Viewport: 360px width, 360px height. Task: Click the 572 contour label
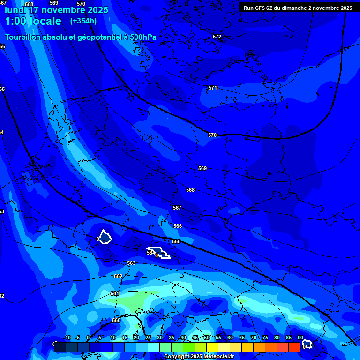tap(217, 37)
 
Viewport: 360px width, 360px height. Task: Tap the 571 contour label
tap(213, 88)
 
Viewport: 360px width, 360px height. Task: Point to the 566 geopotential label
tap(178, 226)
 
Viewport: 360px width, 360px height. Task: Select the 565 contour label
tap(176, 241)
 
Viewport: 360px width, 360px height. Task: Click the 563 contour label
tap(131, 263)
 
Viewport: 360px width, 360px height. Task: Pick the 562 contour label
tap(118, 276)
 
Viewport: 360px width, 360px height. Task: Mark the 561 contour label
tap(115, 293)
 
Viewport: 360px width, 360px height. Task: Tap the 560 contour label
tap(116, 320)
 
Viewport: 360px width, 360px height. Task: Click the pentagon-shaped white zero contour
tap(105, 237)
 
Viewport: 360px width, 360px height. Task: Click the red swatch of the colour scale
tap(294, 347)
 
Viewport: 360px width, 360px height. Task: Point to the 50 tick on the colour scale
tap(207, 338)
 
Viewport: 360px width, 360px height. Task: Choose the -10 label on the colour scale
tap(67, 338)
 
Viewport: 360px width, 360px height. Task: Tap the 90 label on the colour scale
tap(300, 338)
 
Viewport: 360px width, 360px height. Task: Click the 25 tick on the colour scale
tap(148, 338)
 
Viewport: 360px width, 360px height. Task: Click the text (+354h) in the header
tap(83, 21)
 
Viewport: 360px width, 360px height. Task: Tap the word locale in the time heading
tap(45, 21)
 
